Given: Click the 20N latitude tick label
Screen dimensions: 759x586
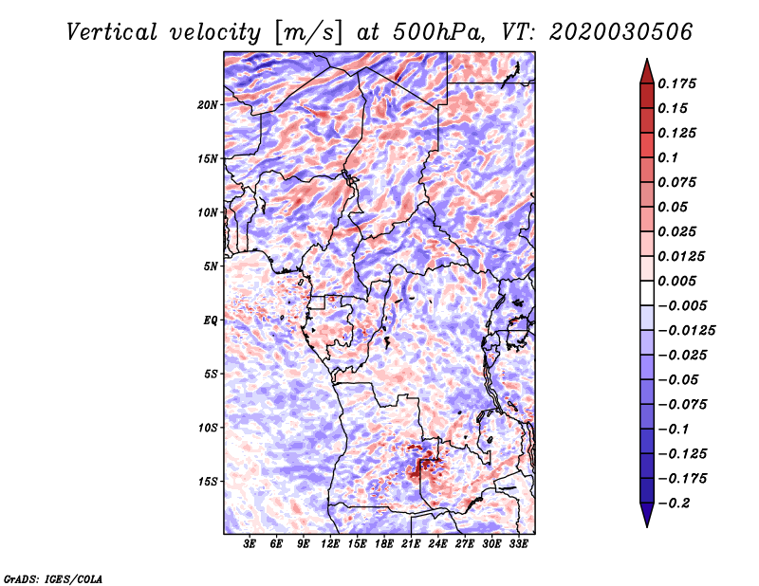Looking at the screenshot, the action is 208,105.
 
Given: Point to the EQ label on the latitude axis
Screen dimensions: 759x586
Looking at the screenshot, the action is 211,320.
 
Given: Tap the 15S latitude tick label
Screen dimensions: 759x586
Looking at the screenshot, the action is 208,482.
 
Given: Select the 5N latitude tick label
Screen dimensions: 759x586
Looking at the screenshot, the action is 211,266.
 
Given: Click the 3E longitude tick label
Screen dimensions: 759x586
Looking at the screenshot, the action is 250,544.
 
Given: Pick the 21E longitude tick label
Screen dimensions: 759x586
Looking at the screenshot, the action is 411,544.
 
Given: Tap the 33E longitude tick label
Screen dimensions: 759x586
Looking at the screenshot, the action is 518,544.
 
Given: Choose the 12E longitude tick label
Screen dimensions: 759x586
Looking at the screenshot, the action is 330,544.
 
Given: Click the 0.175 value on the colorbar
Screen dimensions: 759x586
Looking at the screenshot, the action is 676,83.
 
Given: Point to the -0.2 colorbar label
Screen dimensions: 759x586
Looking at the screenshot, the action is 674,504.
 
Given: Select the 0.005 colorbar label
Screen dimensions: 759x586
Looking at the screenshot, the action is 676,281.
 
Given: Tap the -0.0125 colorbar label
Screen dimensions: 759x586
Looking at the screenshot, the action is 686,331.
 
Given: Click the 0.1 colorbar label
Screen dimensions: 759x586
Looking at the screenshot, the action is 668,157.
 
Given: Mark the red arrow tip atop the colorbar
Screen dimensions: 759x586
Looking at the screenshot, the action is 647,59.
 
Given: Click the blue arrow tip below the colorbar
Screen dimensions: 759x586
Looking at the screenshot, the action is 647,526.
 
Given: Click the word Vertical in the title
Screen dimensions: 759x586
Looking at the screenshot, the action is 112,32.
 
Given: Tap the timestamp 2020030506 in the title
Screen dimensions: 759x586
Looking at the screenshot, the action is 621,32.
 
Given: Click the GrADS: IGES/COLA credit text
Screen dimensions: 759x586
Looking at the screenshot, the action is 53,579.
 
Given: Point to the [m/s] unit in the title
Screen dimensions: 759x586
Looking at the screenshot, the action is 307,33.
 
